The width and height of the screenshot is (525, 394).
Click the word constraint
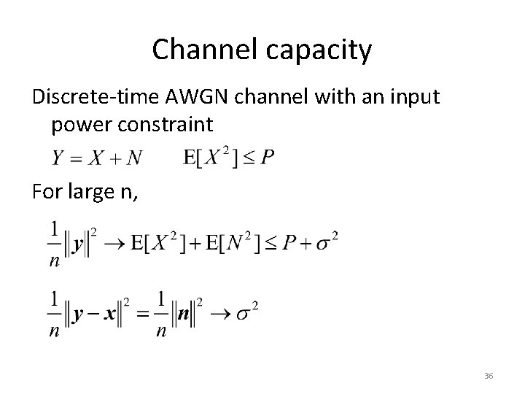(x=168, y=125)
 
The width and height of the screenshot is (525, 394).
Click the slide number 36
(x=489, y=375)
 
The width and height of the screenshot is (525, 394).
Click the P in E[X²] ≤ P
(x=268, y=158)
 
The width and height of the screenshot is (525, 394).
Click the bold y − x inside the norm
(x=90, y=316)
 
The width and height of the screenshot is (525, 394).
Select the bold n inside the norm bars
(x=184, y=316)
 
